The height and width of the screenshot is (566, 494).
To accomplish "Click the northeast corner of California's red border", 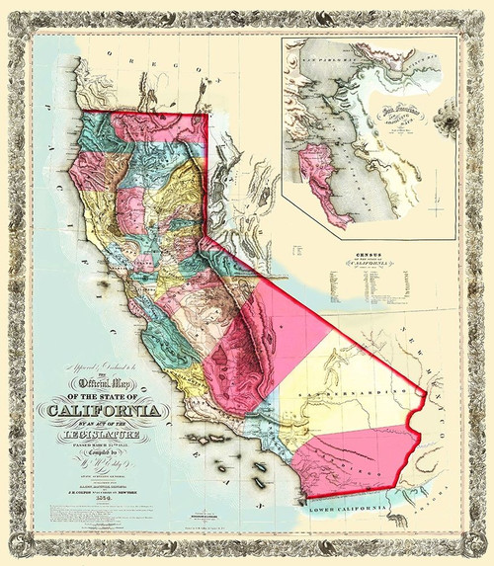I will click(206, 116).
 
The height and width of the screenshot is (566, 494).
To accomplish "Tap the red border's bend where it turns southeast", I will click(206, 237).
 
